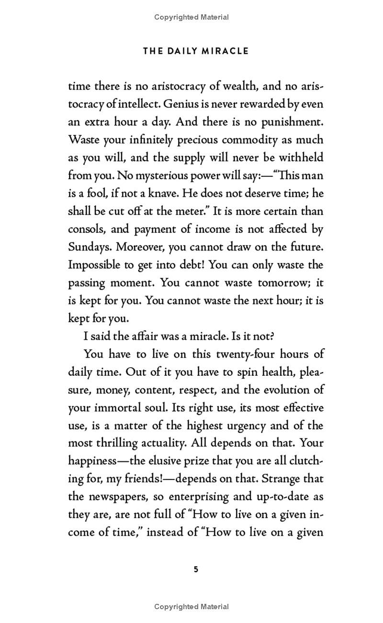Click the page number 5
(195, 569)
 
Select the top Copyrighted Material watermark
(191, 17)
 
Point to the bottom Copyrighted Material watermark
(191, 607)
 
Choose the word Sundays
(89, 247)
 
